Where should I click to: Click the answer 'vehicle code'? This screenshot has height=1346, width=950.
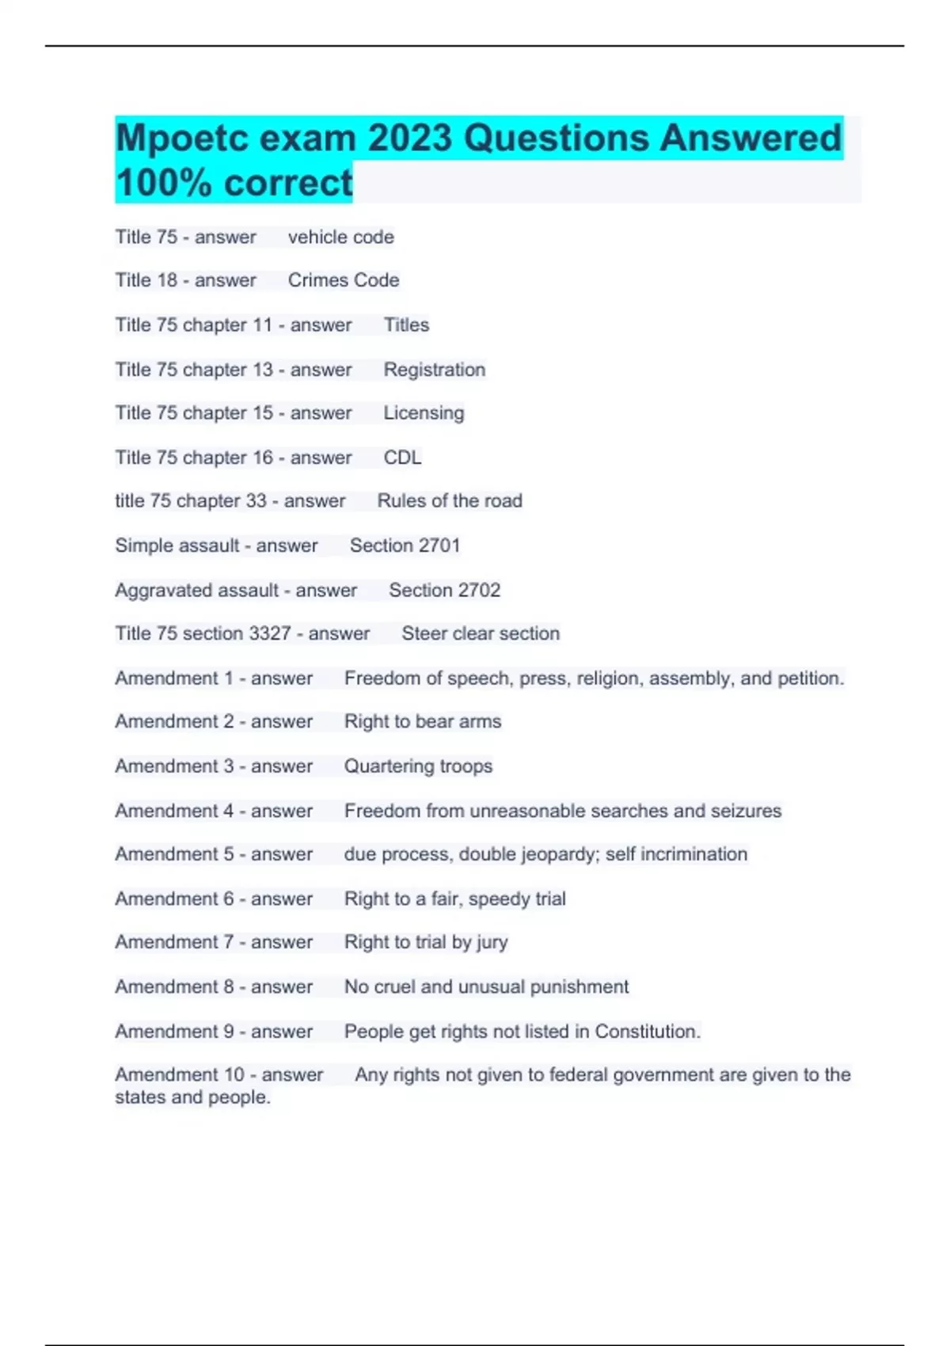pos(340,238)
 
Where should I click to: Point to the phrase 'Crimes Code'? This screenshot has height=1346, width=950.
pos(343,280)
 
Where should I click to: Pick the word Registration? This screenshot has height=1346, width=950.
pos(434,370)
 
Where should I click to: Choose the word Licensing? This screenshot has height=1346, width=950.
pos(424,413)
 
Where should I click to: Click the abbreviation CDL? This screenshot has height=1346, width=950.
pos(402,458)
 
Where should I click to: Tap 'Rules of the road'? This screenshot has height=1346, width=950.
pos(449,501)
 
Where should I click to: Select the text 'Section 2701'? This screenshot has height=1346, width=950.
pos(405,546)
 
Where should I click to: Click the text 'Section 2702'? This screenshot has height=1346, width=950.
pos(444,591)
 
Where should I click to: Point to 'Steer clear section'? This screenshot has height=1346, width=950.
pos(480,633)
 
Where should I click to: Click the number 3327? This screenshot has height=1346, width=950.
pos(270,633)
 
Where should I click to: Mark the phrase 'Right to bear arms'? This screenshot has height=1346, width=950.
pos(422,721)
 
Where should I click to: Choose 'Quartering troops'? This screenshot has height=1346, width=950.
pos(418,766)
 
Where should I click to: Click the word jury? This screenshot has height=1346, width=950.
pos(492,942)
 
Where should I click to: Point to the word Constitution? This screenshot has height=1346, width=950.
pos(646,1032)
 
